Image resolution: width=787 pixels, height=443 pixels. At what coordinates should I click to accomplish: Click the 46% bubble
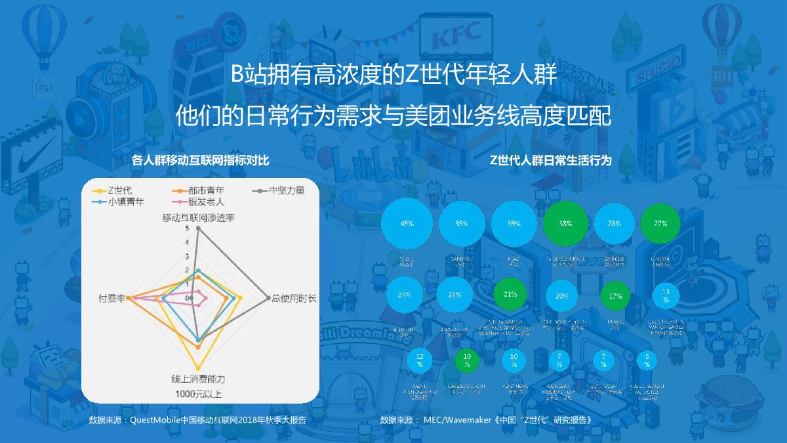click(407, 223)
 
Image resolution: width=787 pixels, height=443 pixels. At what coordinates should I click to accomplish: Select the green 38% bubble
click(565, 223)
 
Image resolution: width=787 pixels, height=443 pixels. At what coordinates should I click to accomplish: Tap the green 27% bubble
click(660, 223)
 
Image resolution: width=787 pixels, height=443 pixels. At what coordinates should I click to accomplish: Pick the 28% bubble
click(615, 223)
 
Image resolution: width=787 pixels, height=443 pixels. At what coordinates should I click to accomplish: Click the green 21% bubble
click(510, 295)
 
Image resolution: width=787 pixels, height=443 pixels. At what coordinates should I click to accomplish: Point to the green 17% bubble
click(615, 295)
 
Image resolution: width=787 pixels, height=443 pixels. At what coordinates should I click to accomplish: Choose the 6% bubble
click(647, 360)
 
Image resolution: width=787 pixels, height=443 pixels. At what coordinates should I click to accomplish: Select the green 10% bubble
click(466, 360)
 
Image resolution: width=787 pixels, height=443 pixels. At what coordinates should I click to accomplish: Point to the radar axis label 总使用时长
click(294, 299)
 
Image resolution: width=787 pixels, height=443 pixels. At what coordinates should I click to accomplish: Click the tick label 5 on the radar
click(188, 228)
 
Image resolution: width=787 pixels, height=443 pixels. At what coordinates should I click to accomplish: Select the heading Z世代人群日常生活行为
click(550, 160)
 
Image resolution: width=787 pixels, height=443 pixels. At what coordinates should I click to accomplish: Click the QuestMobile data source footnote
click(197, 419)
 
